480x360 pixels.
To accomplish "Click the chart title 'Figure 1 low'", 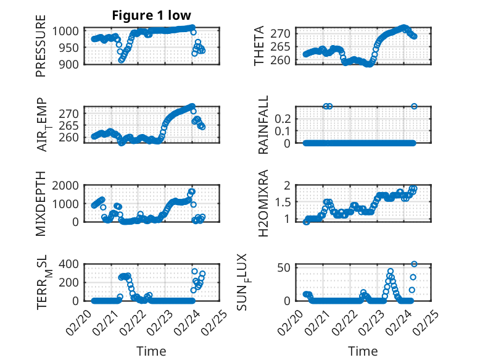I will [151, 15].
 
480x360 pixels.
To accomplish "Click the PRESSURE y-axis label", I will [41, 50].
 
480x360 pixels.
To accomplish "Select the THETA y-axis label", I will [259, 46].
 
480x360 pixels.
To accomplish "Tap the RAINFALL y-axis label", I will [263, 125].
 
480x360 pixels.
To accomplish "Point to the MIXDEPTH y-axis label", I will [41, 203].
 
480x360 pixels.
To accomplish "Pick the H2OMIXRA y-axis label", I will [263, 203].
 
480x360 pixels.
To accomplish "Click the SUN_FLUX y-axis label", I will [259, 282].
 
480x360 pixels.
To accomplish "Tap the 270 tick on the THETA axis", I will [282, 31].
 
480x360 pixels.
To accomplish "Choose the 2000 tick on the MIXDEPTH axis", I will [67, 185].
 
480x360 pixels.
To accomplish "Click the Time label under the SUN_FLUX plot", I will [363, 351].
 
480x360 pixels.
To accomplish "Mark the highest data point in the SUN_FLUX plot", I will [414, 264].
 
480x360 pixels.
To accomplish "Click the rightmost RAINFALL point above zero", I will [414, 106].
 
